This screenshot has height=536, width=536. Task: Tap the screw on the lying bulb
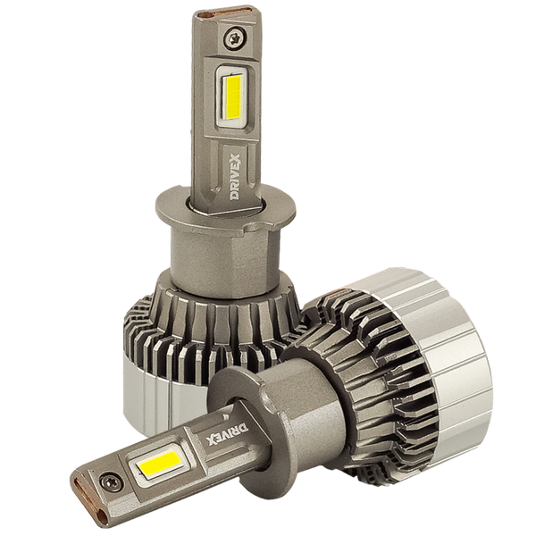click(112, 482)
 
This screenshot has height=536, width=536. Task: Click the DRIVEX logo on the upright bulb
click(236, 177)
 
